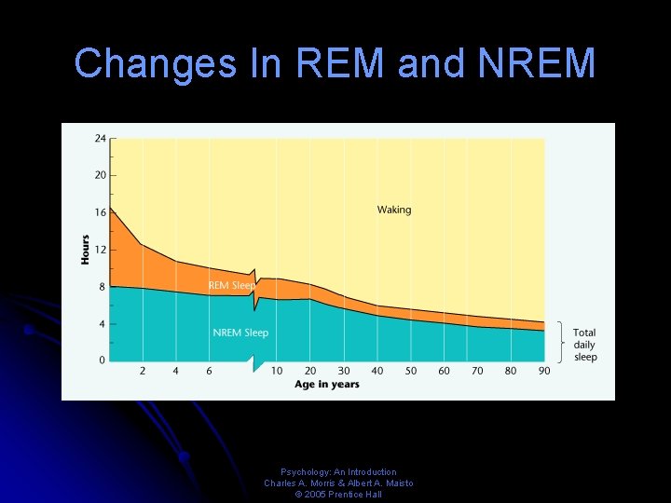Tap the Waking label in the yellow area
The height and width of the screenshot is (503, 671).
click(393, 210)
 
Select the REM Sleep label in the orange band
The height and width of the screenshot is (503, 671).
click(230, 285)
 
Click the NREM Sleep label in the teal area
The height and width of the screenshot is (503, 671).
click(240, 333)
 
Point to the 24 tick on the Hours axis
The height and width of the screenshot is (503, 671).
click(99, 138)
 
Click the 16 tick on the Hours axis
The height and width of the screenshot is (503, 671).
click(99, 212)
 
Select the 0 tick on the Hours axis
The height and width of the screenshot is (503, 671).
click(102, 360)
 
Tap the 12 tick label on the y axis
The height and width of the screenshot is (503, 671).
click(99, 250)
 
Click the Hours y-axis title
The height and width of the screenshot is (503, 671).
click(85, 249)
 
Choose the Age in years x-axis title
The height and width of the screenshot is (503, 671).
click(327, 385)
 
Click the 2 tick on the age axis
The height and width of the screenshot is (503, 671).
click(143, 371)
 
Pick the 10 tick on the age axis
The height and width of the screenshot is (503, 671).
click(277, 371)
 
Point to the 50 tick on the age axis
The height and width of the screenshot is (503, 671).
click(411, 371)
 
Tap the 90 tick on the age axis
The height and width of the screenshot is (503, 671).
click(544, 371)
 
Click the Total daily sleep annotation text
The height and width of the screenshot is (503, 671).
click(584, 345)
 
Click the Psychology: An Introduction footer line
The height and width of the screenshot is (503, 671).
click(338, 472)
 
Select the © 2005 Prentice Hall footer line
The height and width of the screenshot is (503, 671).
click(338, 495)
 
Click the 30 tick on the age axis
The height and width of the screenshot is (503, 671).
click(344, 371)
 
